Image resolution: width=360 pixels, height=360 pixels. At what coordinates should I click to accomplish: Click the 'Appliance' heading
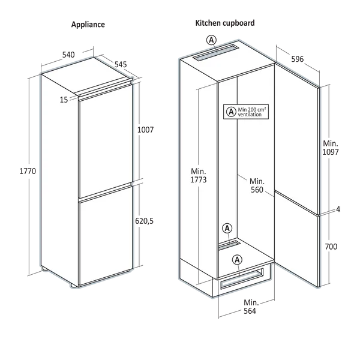point(88,25)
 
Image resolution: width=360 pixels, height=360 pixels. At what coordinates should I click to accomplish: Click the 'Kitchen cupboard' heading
point(225,23)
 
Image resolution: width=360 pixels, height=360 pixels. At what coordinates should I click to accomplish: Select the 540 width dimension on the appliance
point(68,55)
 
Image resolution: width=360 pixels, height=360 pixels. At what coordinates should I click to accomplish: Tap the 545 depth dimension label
point(121,64)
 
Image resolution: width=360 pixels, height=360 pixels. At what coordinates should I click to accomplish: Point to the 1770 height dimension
point(28,171)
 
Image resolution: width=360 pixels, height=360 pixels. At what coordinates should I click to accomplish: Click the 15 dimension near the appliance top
point(64,100)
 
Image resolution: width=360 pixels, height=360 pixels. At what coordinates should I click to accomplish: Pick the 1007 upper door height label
point(145,130)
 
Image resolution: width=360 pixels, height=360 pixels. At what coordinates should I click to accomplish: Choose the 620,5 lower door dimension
point(144,221)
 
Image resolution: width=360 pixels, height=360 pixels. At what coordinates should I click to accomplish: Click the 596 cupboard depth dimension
point(298,59)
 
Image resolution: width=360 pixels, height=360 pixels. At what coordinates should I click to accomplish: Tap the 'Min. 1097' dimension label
point(331,148)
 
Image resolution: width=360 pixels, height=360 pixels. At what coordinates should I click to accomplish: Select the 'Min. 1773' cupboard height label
point(199,175)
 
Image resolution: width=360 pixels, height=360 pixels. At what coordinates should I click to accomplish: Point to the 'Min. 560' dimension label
point(257,185)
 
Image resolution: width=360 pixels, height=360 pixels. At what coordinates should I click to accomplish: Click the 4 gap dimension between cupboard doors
point(338,209)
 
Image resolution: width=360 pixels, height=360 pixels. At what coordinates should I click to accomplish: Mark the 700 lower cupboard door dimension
point(331,247)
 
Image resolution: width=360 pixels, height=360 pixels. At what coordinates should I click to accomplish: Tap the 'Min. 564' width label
point(251,307)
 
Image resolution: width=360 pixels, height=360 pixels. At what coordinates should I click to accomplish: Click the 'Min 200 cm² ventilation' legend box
point(246,112)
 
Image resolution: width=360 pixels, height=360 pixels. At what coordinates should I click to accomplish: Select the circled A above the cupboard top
point(211,40)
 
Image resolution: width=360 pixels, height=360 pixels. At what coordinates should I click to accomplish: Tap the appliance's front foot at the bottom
point(74,286)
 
